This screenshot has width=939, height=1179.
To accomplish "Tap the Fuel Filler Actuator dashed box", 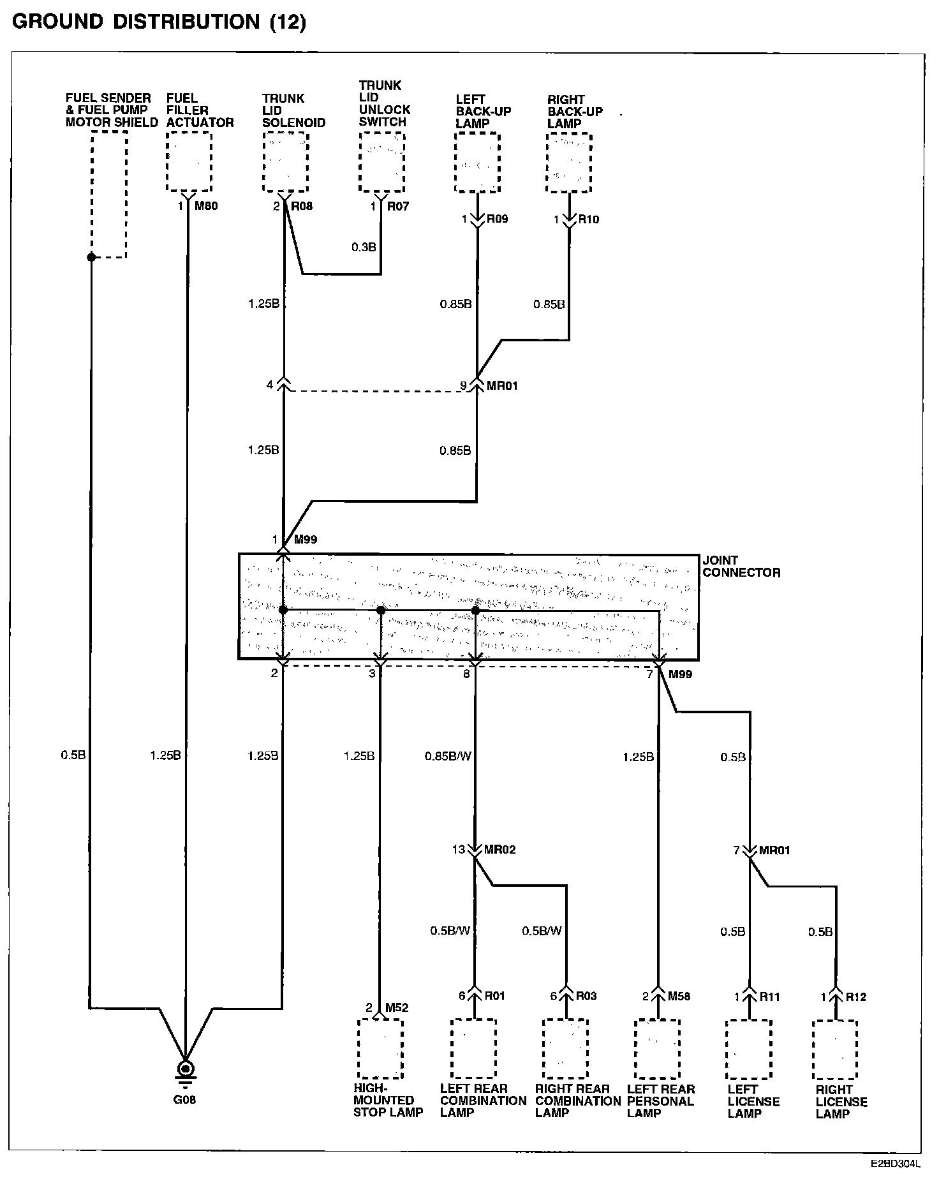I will click(x=188, y=161).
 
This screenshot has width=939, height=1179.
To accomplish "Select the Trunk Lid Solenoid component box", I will click(x=285, y=162).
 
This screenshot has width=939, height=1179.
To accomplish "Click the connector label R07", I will click(x=398, y=206).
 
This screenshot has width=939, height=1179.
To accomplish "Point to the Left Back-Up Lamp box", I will click(x=477, y=163).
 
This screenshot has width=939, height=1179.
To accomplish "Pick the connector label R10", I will click(x=588, y=219).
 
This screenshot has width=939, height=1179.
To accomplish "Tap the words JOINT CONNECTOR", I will click(x=741, y=567).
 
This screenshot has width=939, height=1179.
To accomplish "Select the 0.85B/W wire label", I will click(x=448, y=757).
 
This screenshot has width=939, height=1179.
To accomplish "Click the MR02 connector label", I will click(x=499, y=850).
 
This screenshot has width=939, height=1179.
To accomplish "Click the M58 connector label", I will click(x=679, y=996).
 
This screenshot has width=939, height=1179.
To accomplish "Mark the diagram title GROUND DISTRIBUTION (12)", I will click(x=159, y=22).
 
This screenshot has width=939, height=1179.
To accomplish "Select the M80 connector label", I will click(x=206, y=206).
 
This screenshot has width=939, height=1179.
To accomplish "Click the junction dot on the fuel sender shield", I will click(x=91, y=257).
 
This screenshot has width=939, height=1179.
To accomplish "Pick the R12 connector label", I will click(x=856, y=997).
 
